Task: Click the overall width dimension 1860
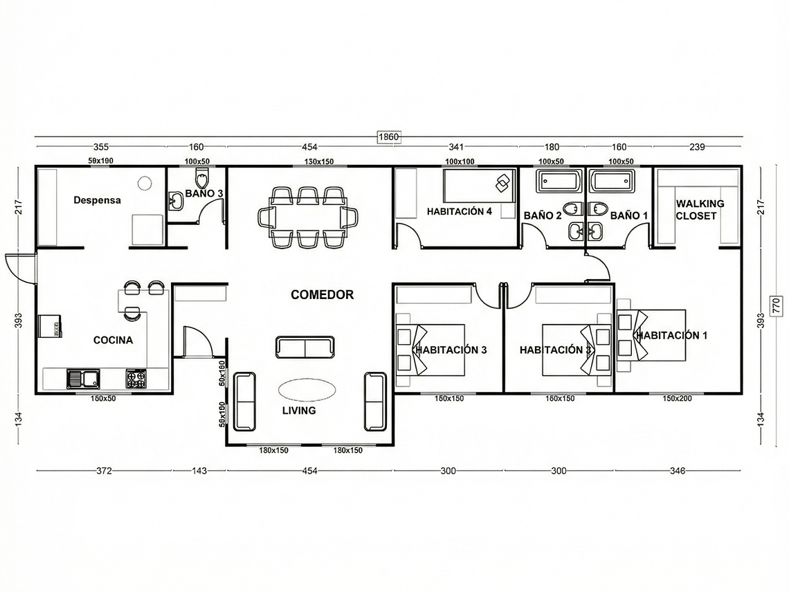(388, 137)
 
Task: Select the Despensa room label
(97, 200)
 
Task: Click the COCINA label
(113, 340)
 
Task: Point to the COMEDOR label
(322, 295)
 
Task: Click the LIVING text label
(299, 411)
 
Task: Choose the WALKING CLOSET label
(700, 209)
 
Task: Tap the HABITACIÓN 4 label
(459, 211)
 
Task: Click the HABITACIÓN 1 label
(671, 335)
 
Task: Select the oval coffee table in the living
(307, 391)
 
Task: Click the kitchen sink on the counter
(82, 379)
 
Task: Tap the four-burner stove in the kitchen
(136, 379)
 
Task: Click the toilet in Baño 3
(201, 179)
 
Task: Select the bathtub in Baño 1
(610, 181)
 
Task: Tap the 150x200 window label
(677, 398)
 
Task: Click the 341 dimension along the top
(456, 147)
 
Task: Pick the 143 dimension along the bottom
(199, 471)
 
